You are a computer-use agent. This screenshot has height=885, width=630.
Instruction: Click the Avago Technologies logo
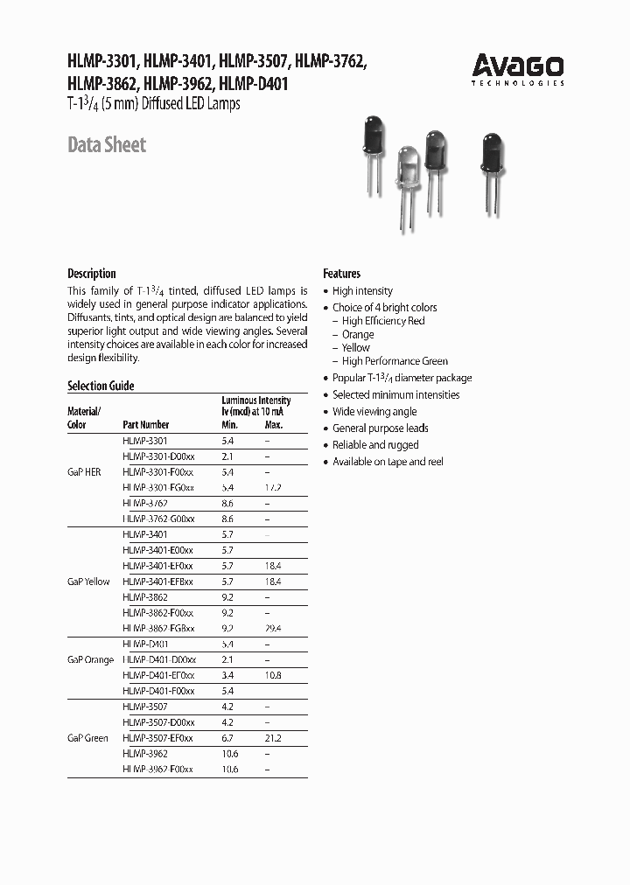click(x=518, y=69)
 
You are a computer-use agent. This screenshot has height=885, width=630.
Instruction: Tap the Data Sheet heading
click(x=107, y=145)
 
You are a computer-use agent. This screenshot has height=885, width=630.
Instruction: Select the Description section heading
click(x=92, y=273)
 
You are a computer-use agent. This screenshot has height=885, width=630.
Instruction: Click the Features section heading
click(x=341, y=274)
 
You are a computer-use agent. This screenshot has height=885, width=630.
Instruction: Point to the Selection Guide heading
click(x=101, y=386)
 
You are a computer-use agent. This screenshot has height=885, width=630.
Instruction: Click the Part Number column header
click(x=146, y=425)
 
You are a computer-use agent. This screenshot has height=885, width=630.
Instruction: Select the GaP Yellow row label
click(x=88, y=582)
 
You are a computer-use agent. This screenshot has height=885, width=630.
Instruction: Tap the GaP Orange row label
click(x=90, y=659)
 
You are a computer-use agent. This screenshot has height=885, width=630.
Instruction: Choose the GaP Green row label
click(x=87, y=738)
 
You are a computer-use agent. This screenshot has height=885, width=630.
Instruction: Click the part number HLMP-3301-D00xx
click(x=158, y=456)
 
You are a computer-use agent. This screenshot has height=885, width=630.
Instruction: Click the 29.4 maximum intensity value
click(x=273, y=629)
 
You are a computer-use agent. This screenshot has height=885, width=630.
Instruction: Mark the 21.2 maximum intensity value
click(x=273, y=738)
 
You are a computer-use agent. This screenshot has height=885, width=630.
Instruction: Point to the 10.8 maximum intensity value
click(x=273, y=676)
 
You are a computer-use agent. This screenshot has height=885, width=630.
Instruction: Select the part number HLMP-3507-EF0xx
click(x=158, y=738)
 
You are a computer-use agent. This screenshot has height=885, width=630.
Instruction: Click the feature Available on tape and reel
click(x=388, y=462)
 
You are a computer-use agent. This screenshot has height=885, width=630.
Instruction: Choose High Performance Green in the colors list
click(x=395, y=361)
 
